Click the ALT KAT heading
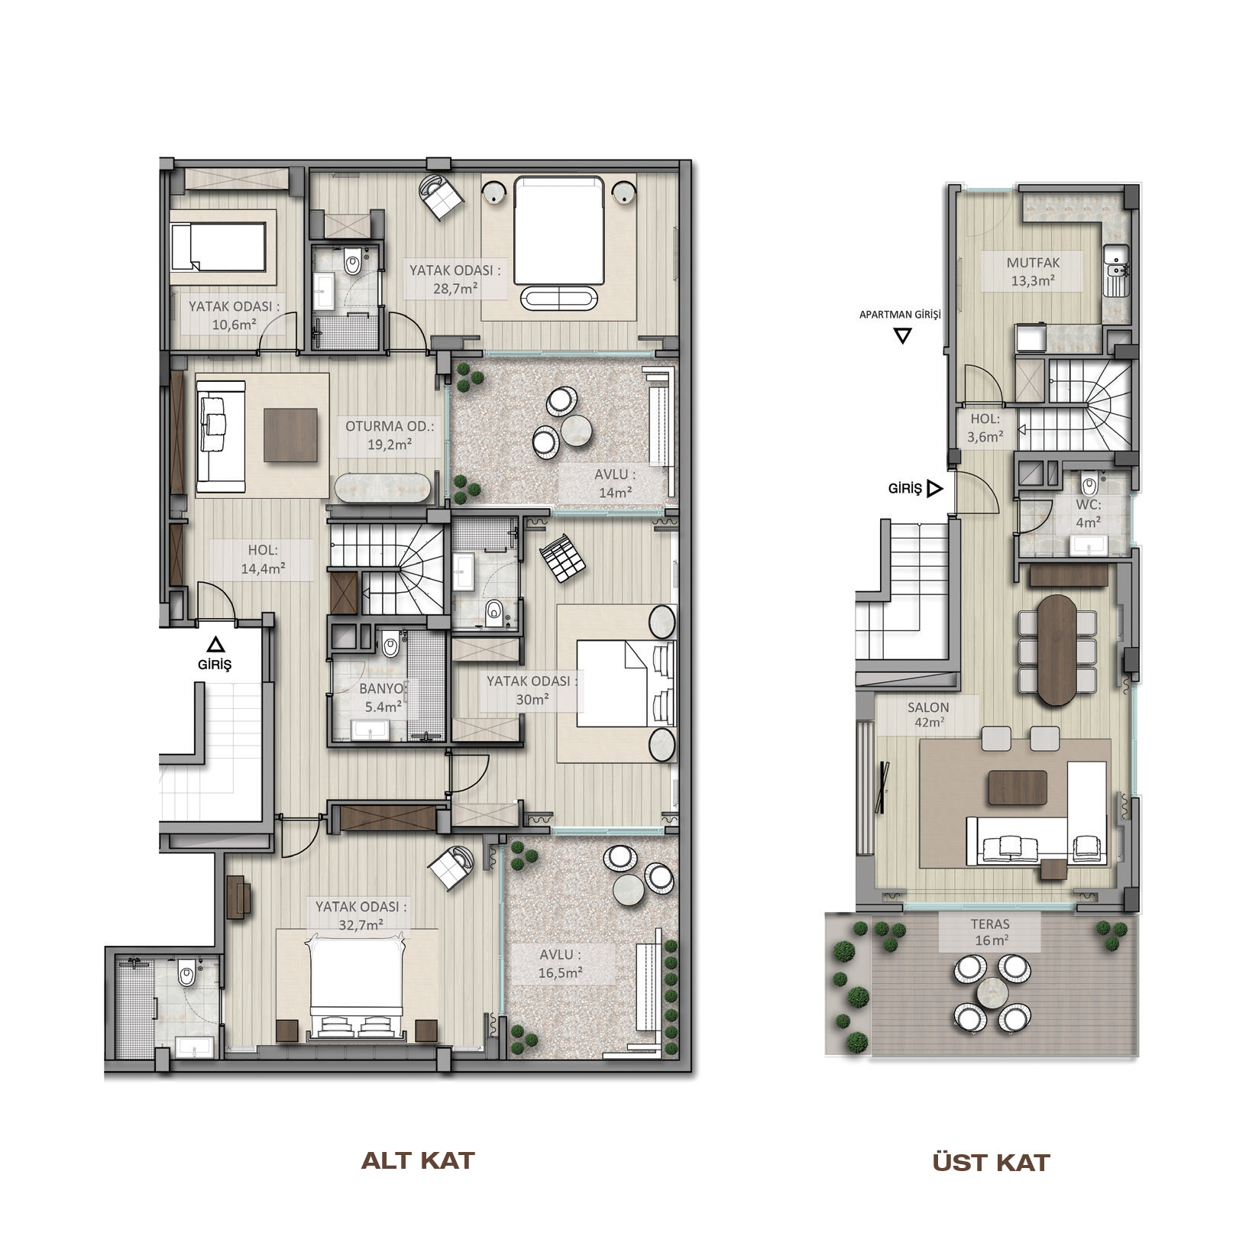tap(418, 1161)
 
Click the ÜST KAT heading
tap(992, 1163)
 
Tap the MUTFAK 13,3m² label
tap(1033, 271)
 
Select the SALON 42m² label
tap(928, 714)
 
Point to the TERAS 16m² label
tap(991, 932)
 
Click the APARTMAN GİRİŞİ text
tap(900, 315)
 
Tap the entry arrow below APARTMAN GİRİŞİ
tap(903, 336)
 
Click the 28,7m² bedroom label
tap(455, 279)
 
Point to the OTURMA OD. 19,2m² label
tap(389, 435)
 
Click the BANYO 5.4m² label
tap(383, 697)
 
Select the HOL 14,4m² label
tap(263, 558)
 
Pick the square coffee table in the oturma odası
tap(291, 435)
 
